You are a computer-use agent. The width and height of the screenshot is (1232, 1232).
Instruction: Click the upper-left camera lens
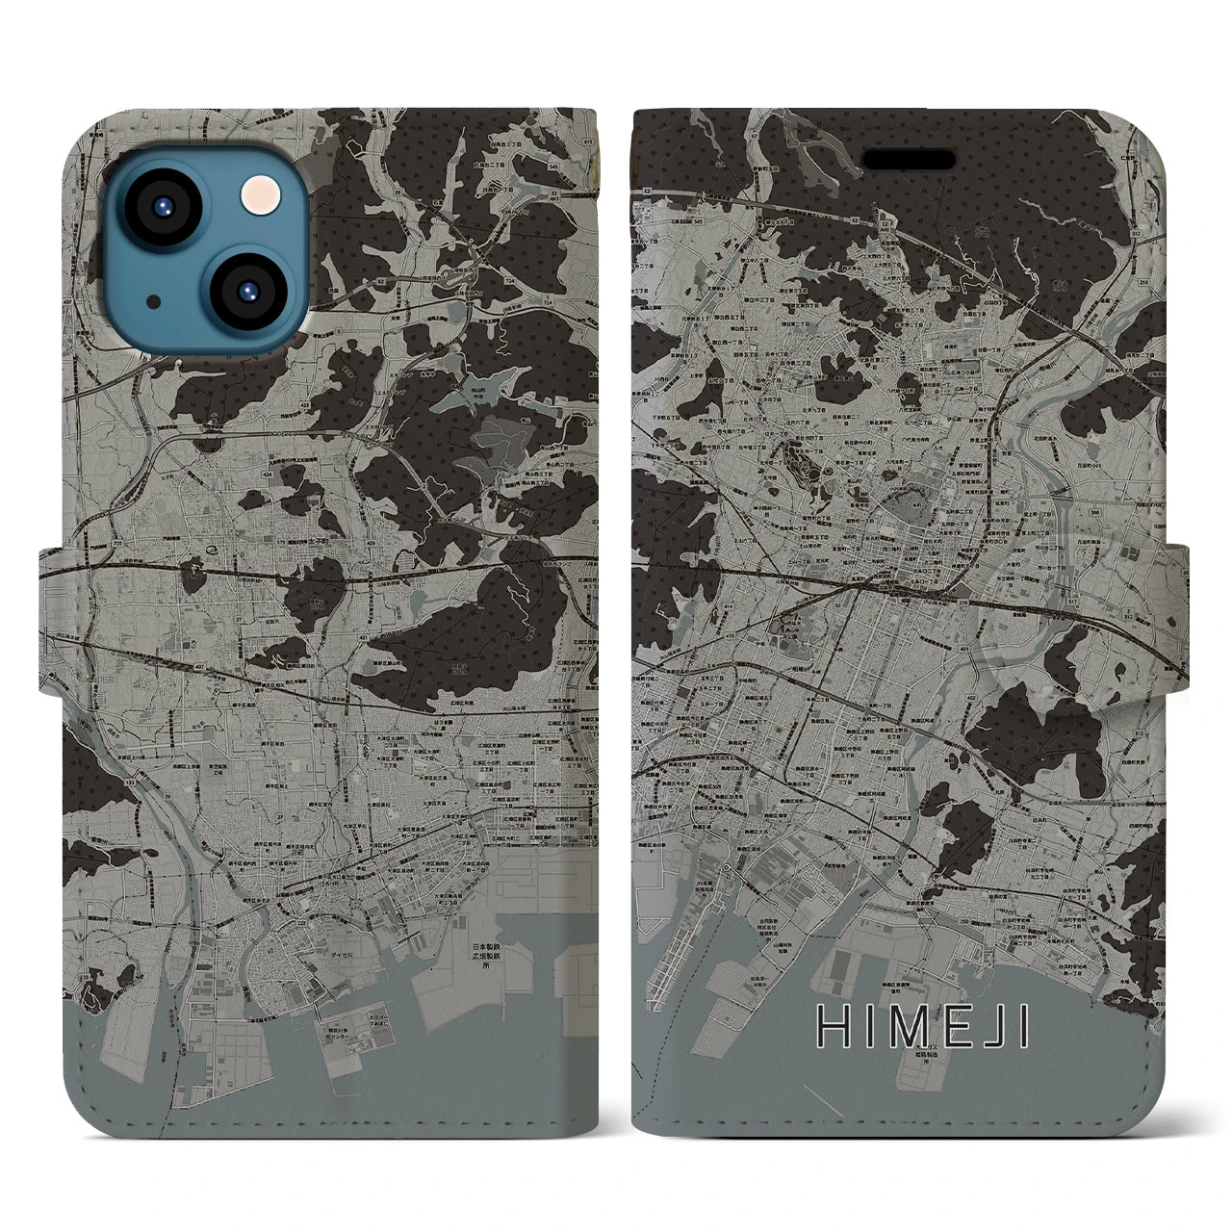162,208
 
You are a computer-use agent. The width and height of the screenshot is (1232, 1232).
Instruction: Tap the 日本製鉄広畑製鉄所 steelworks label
487,957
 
